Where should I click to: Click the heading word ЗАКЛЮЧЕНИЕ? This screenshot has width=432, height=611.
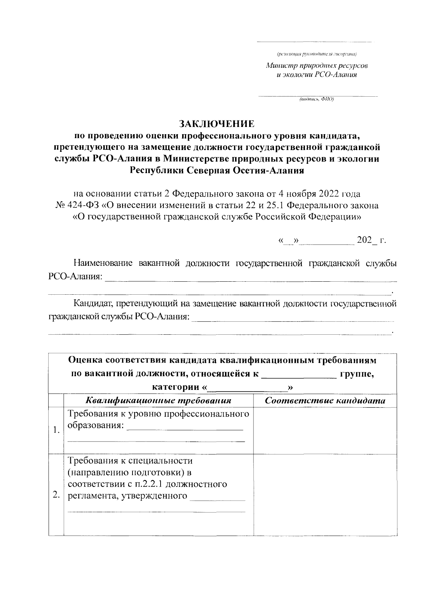click(217, 124)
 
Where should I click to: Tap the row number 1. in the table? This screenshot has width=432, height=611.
click(56, 430)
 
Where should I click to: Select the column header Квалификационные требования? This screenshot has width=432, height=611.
click(158, 401)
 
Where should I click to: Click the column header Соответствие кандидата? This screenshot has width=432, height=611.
click(325, 401)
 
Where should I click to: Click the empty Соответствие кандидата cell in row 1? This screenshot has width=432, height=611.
click(325, 430)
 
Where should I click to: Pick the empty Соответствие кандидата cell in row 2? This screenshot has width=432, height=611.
click(325, 494)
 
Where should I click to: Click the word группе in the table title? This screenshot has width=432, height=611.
click(357, 374)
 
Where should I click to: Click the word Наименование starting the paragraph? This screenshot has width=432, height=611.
click(103, 263)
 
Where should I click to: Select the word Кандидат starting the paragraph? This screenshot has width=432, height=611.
click(92, 304)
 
